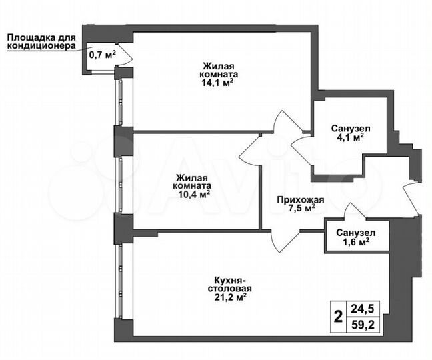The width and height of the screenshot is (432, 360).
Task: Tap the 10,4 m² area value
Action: tap(194, 195)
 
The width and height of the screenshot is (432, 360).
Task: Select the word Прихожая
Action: tap(301, 199)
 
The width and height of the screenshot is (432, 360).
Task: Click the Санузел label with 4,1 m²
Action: tap(350, 129)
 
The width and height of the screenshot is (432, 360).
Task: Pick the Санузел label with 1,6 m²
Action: tap(355, 233)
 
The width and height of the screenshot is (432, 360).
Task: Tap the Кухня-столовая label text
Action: tap(227, 284)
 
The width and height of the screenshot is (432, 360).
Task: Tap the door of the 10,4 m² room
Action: tap(251, 150)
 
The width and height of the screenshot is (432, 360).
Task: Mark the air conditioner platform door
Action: tap(123, 57)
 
